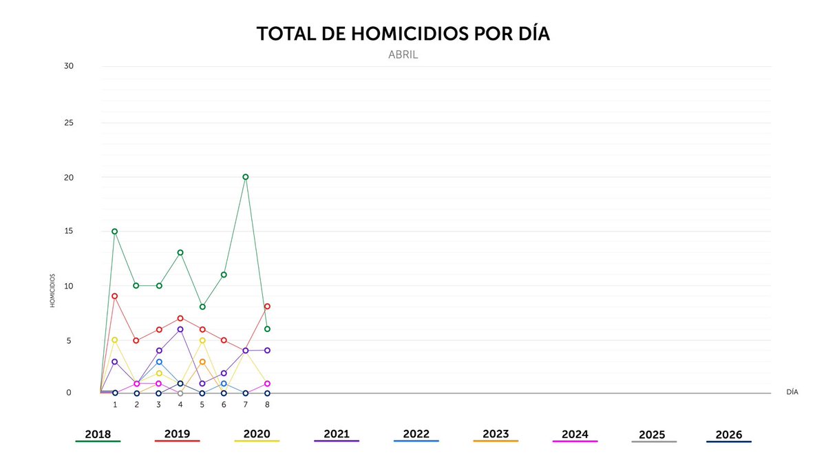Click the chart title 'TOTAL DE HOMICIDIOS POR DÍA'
click(x=403, y=34)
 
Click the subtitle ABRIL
click(x=403, y=55)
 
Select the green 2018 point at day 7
click(x=246, y=177)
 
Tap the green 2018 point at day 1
click(x=115, y=231)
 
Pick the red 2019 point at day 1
click(x=115, y=296)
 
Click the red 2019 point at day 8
click(x=267, y=307)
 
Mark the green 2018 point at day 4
click(x=180, y=253)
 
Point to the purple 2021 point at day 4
click(x=180, y=329)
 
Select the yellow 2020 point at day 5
click(x=202, y=340)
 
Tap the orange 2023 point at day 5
click(x=202, y=362)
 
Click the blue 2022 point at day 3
click(x=159, y=362)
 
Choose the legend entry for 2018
click(x=98, y=435)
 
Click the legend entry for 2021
click(x=337, y=435)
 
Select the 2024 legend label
click(x=575, y=435)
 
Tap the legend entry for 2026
click(x=729, y=435)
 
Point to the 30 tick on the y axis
click(x=69, y=66)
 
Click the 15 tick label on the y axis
click(x=69, y=231)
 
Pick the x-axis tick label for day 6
click(x=224, y=405)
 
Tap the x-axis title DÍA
click(x=792, y=392)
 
